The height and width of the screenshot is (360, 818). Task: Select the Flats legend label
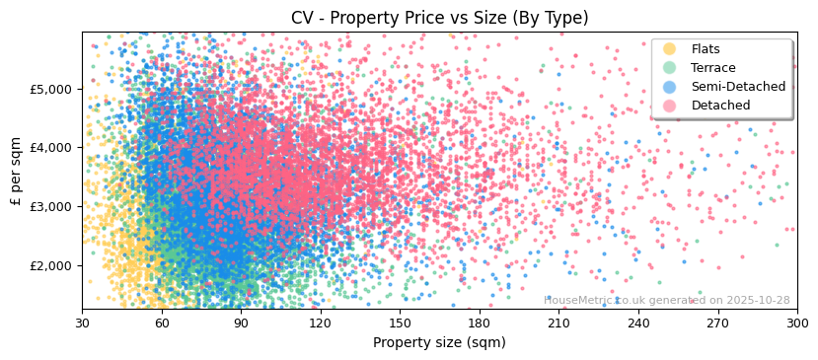(705, 49)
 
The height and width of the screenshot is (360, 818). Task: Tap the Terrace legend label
(712, 68)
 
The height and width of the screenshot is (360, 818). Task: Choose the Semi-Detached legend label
(738, 87)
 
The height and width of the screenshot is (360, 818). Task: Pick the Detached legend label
(720, 106)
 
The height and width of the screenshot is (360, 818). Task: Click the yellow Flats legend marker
(670, 49)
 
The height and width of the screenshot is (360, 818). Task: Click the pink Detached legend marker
(670, 106)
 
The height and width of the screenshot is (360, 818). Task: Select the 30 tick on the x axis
(83, 323)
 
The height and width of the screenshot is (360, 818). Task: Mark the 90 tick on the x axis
(241, 323)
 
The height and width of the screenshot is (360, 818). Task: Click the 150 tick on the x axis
(400, 323)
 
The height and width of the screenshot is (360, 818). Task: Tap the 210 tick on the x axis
(558, 323)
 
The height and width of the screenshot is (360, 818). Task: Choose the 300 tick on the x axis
(796, 323)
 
